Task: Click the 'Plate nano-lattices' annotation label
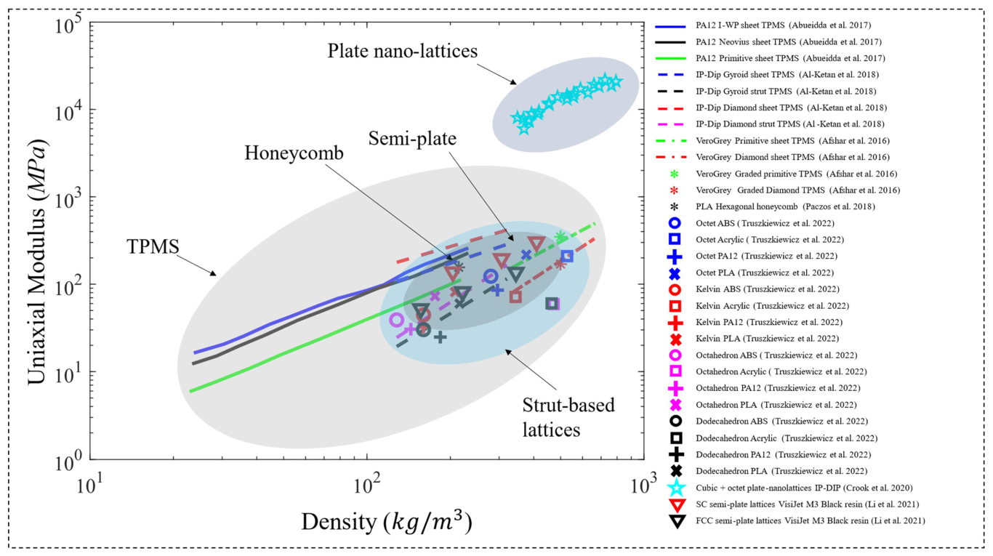point(402,51)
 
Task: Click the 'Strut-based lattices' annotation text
point(568,417)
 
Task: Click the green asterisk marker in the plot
point(560,237)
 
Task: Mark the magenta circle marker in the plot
point(396,320)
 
